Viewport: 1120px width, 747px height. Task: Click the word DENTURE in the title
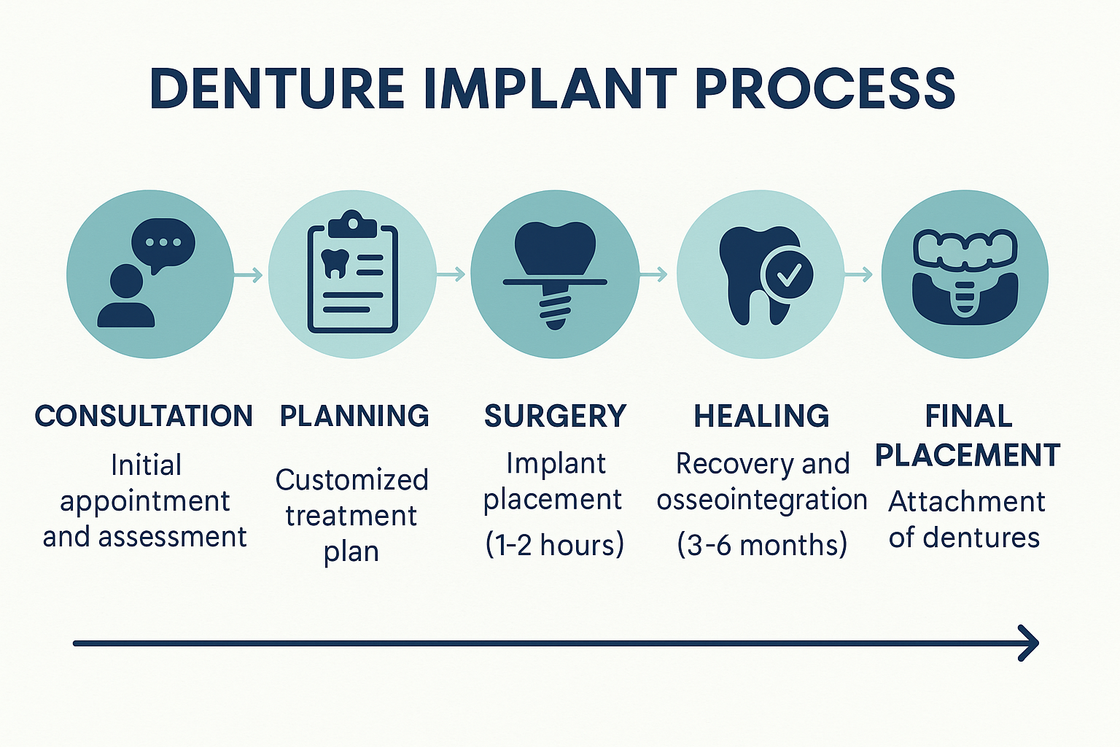pyautogui.click(x=277, y=90)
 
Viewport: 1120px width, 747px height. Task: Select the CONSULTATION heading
pyautogui.click(x=144, y=416)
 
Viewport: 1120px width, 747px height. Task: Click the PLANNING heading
pyautogui.click(x=354, y=416)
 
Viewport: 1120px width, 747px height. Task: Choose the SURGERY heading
pyautogui.click(x=555, y=416)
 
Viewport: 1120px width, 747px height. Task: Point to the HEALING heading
pyautogui.click(x=761, y=416)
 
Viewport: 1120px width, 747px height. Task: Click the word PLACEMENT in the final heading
pyautogui.click(x=967, y=455)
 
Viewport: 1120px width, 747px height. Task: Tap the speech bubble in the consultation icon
pyautogui.click(x=163, y=243)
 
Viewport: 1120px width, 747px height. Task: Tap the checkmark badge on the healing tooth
pyautogui.click(x=787, y=274)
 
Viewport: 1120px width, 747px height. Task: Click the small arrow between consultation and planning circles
pyautogui.click(x=249, y=275)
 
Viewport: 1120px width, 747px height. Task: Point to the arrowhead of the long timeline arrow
pyautogui.click(x=1029, y=643)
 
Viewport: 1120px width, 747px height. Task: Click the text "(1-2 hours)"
pyautogui.click(x=555, y=544)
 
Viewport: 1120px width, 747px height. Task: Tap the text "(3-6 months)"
pyautogui.click(x=762, y=544)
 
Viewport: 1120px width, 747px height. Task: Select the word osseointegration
pyautogui.click(x=762, y=500)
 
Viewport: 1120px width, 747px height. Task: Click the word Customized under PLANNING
pyautogui.click(x=351, y=480)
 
